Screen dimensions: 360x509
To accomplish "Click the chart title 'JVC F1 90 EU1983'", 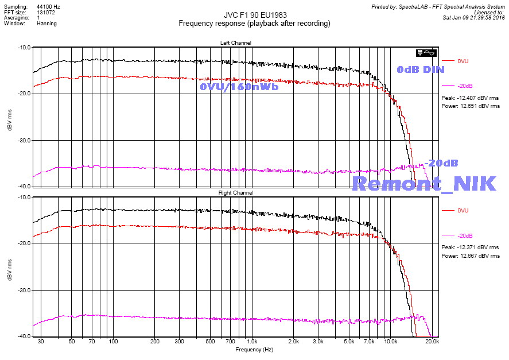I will [x=254, y=16].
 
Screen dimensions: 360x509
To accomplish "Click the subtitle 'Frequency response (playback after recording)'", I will [x=254, y=24].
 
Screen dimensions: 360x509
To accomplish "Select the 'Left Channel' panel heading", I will [x=235, y=43].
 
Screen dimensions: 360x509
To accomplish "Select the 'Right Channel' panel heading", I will [x=235, y=193].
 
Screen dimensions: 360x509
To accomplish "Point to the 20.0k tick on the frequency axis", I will [x=432, y=342].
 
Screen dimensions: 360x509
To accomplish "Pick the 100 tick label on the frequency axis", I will [x=113, y=342].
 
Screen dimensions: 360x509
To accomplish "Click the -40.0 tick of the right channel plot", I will [x=24, y=336].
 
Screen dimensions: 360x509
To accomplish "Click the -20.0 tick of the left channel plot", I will [x=24, y=94].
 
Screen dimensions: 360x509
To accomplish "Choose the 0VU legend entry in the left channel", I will [x=464, y=61].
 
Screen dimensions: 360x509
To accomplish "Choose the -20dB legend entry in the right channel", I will [x=465, y=236].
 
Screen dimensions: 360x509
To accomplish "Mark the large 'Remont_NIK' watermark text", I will [x=423, y=183].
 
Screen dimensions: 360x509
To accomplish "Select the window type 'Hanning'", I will [x=47, y=24].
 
